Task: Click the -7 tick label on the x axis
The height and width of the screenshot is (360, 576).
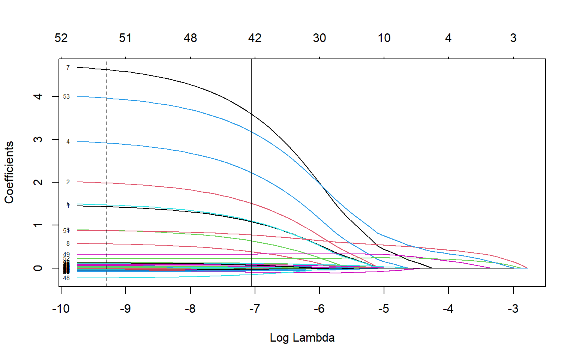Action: (x=255, y=309)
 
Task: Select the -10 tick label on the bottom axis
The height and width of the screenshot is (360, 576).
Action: (x=61, y=309)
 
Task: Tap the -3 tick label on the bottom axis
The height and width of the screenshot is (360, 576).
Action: (x=513, y=309)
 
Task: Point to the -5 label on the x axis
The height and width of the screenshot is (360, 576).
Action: (x=384, y=309)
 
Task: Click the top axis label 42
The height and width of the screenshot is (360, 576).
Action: (x=255, y=38)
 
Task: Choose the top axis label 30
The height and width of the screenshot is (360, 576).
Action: (x=319, y=38)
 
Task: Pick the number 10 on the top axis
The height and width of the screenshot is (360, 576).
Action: (x=384, y=38)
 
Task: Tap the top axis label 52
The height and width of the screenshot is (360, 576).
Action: (x=61, y=38)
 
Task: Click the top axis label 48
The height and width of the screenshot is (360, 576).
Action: (x=190, y=38)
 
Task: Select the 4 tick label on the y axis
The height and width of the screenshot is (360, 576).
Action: (x=38, y=96)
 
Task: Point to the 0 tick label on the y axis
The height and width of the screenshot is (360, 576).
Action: (x=38, y=268)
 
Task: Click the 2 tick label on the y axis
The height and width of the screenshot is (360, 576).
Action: (x=38, y=182)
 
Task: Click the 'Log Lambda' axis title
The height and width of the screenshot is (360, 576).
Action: (x=302, y=337)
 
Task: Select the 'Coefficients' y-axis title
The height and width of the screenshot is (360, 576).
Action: (x=9, y=172)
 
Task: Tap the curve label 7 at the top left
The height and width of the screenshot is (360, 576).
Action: (x=68, y=68)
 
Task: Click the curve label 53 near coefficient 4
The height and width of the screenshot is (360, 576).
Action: (x=66, y=97)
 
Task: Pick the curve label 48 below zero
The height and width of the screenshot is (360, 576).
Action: (x=66, y=278)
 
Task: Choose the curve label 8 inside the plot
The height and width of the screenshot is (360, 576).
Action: (x=68, y=244)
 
